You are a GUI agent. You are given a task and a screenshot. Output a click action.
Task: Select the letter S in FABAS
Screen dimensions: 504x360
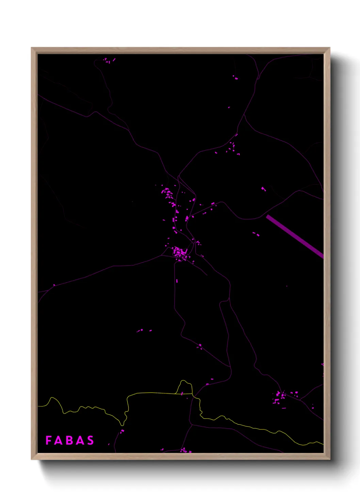click(x=91, y=440)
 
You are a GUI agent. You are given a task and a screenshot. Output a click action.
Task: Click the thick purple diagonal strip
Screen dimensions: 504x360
click(x=295, y=236)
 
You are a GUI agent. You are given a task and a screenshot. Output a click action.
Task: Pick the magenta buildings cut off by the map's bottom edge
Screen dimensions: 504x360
click(x=185, y=451)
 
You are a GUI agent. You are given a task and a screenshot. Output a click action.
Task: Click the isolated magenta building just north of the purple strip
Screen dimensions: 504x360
click(x=263, y=189)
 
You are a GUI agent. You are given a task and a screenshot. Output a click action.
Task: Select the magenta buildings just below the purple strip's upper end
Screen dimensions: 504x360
click(x=256, y=234)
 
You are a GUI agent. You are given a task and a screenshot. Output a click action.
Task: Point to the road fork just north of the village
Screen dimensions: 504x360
click(x=178, y=177)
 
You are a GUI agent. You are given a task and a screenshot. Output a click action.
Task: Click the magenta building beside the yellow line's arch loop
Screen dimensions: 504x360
click(x=182, y=394)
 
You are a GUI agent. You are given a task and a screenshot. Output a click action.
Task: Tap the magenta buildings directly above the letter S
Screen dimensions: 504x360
click(x=122, y=431)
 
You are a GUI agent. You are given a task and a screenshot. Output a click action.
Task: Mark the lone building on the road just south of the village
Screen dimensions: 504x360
click(x=177, y=281)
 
